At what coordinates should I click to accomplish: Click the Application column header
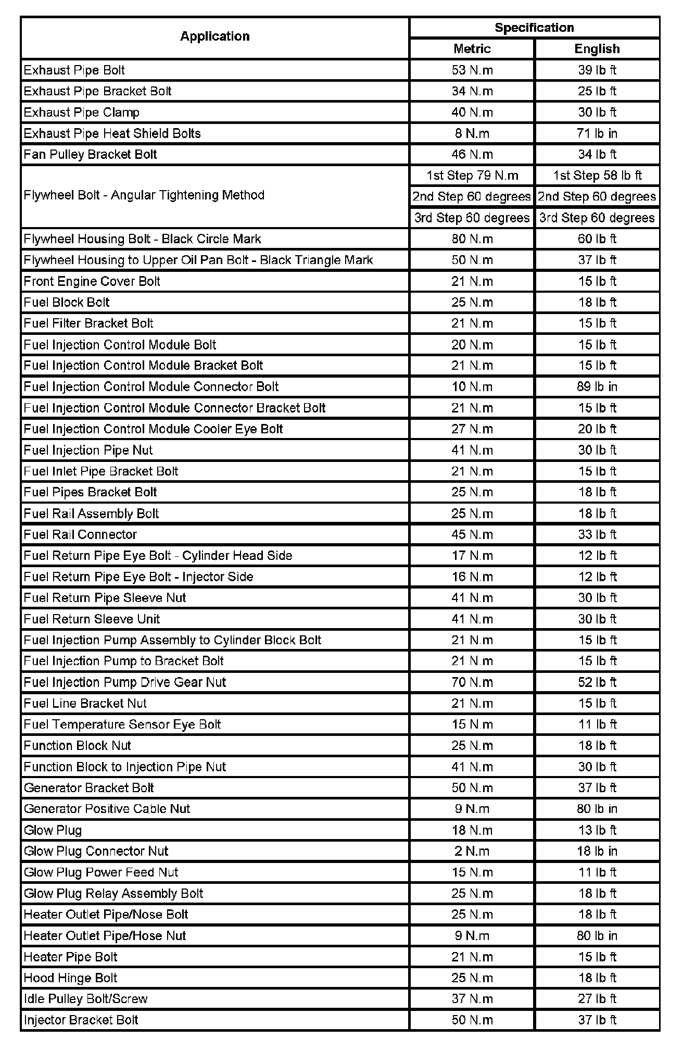pyautogui.click(x=214, y=36)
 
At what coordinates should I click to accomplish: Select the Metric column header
pyautogui.click(x=472, y=49)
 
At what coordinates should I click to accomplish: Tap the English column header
pyautogui.click(x=597, y=49)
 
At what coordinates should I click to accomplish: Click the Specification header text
pyautogui.click(x=534, y=28)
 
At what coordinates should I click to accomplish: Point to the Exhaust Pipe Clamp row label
pyautogui.click(x=82, y=112)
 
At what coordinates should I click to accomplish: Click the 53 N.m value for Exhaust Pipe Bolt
pyautogui.click(x=472, y=70)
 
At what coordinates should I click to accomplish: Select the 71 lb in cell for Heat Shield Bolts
pyautogui.click(x=597, y=133)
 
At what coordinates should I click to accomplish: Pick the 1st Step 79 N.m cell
pyautogui.click(x=472, y=176)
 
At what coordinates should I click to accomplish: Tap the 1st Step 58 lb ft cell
pyautogui.click(x=597, y=176)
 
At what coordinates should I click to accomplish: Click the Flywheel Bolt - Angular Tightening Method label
pyautogui.click(x=144, y=195)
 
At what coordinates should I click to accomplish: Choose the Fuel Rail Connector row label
pyautogui.click(x=80, y=535)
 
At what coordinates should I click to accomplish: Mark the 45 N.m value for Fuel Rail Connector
pyautogui.click(x=472, y=535)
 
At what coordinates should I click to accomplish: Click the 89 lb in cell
pyautogui.click(x=597, y=387)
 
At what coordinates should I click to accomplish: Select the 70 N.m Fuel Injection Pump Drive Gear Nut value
pyautogui.click(x=472, y=682)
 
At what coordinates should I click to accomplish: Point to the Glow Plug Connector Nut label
pyautogui.click(x=96, y=851)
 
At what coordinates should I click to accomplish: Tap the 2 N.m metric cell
pyautogui.click(x=472, y=851)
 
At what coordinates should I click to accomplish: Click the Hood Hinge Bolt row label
pyautogui.click(x=71, y=978)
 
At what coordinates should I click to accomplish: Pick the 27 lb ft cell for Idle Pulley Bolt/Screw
pyautogui.click(x=597, y=999)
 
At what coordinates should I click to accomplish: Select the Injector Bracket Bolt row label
pyautogui.click(x=81, y=1020)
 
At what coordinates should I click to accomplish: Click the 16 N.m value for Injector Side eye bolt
pyautogui.click(x=472, y=577)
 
